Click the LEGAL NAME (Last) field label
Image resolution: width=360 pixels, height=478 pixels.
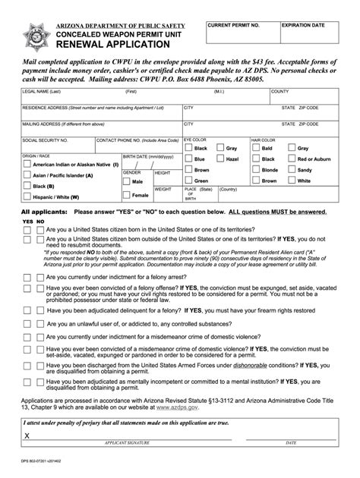39,91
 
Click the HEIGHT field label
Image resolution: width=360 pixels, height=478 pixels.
163,173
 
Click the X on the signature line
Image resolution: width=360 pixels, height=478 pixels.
27,436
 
